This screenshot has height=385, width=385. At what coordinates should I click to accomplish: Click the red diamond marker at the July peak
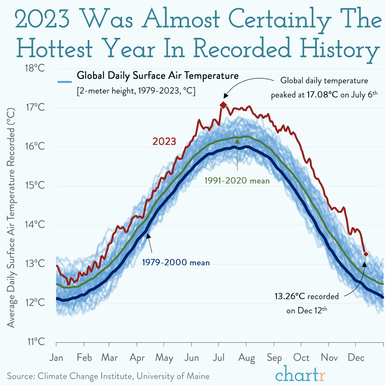[x=223, y=105]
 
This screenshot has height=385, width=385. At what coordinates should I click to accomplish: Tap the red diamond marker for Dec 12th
[x=366, y=254]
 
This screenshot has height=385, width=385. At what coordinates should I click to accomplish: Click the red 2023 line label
[x=164, y=141]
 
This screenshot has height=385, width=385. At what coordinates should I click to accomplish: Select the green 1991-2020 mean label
[x=237, y=181]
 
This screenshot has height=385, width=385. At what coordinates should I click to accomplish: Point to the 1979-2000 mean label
[x=176, y=263]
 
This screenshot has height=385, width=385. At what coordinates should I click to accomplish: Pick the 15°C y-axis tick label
[x=35, y=185]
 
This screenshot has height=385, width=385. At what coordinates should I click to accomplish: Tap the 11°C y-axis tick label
[x=35, y=341]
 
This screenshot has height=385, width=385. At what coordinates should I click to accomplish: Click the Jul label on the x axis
[x=219, y=358]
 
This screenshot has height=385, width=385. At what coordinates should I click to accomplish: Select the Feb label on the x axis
[x=84, y=358]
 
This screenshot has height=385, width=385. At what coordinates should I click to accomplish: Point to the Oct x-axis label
[x=301, y=358]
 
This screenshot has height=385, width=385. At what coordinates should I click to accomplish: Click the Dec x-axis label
[x=356, y=358]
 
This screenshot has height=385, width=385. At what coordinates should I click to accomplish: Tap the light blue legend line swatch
[x=64, y=81]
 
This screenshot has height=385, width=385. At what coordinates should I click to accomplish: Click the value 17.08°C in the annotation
[x=320, y=95]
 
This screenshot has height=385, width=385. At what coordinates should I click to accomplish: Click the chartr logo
[x=300, y=374]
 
